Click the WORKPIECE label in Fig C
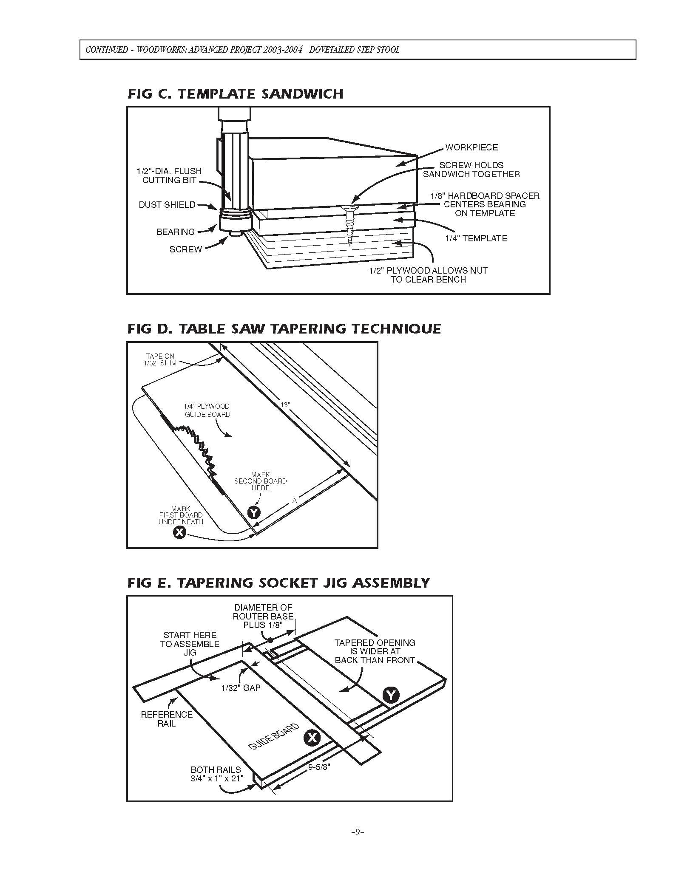click(x=471, y=147)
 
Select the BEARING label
click(x=175, y=232)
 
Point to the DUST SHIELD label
click(x=167, y=205)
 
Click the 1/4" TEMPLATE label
click(x=476, y=238)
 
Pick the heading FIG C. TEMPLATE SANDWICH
click(x=236, y=94)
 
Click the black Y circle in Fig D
click(x=254, y=512)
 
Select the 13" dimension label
click(x=285, y=405)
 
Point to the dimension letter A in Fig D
click(x=294, y=501)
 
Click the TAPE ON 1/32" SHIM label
click(x=161, y=359)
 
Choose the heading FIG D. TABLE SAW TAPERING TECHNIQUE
click(x=284, y=329)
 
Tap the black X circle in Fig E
click(x=312, y=738)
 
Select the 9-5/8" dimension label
click(x=319, y=767)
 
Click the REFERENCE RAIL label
click(x=167, y=719)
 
